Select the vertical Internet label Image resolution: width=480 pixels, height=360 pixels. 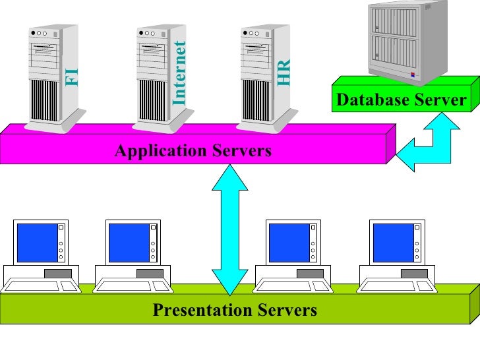click(x=179, y=73)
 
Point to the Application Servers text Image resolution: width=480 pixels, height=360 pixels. click(x=193, y=151)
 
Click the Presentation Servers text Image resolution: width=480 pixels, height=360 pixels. click(x=235, y=310)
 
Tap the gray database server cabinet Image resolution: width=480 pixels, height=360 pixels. click(x=398, y=40)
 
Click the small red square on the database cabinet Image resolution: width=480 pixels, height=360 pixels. click(x=413, y=75)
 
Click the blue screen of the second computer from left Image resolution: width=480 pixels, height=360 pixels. click(x=128, y=242)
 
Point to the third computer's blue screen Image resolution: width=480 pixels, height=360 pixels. click(x=287, y=242)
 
